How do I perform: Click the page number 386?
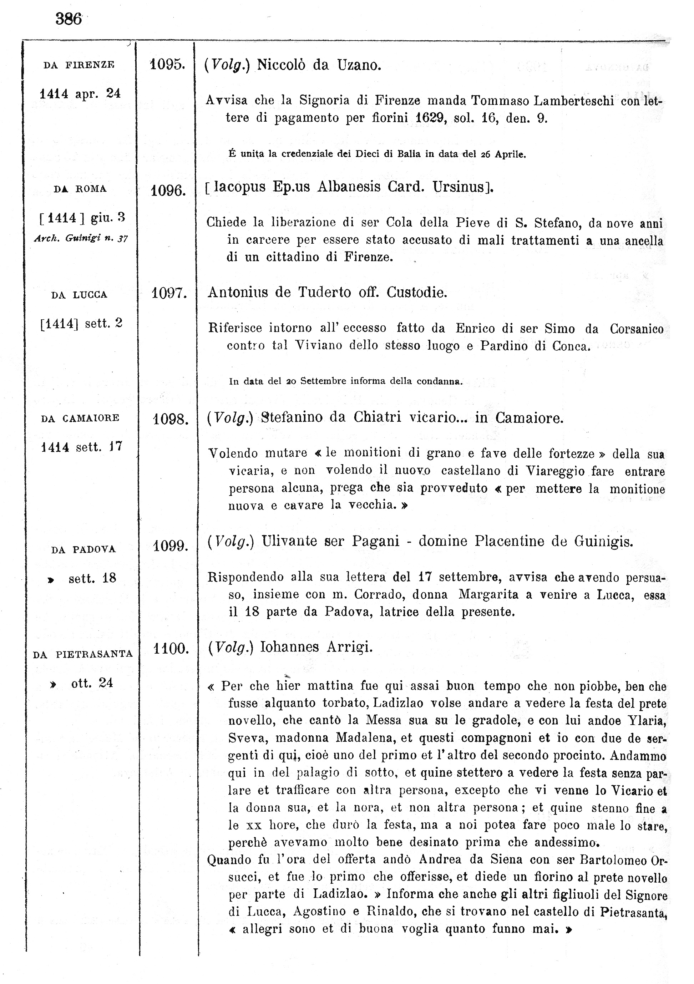(x=69, y=19)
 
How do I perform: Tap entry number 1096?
(x=168, y=190)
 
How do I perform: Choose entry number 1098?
(x=171, y=419)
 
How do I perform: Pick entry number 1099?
(x=171, y=547)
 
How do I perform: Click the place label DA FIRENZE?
(x=79, y=65)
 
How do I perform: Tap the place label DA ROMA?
(x=80, y=189)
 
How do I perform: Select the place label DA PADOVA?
(x=83, y=550)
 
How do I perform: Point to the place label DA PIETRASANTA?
(x=83, y=654)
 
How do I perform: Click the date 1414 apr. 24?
(x=80, y=94)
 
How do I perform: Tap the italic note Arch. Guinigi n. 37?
(x=81, y=239)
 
